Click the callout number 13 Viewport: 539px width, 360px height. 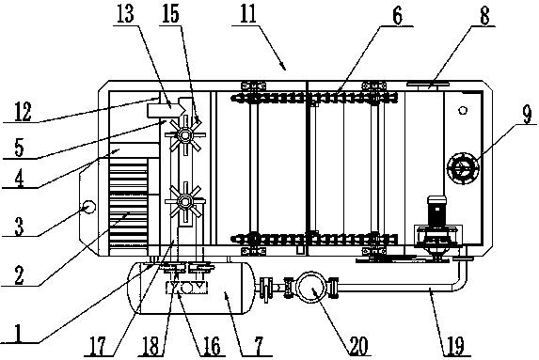(125, 14)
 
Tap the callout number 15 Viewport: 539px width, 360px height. (171, 14)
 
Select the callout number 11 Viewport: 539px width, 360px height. (248, 14)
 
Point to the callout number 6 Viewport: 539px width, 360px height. (397, 16)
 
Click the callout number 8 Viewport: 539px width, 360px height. (484, 16)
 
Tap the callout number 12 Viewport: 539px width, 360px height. (23, 112)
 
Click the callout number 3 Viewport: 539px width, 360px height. (19, 226)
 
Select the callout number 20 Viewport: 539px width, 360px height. (358, 345)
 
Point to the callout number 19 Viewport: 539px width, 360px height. (455, 345)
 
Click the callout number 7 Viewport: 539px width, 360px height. (259, 345)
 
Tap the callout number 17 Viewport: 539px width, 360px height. (98, 345)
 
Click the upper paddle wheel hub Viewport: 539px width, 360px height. (185, 136)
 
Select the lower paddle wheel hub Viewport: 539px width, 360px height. (185, 201)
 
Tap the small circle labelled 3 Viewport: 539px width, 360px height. (88, 207)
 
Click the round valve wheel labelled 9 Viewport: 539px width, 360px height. (463, 168)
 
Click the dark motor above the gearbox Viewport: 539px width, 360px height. (436, 212)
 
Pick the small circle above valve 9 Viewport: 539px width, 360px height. (463, 110)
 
